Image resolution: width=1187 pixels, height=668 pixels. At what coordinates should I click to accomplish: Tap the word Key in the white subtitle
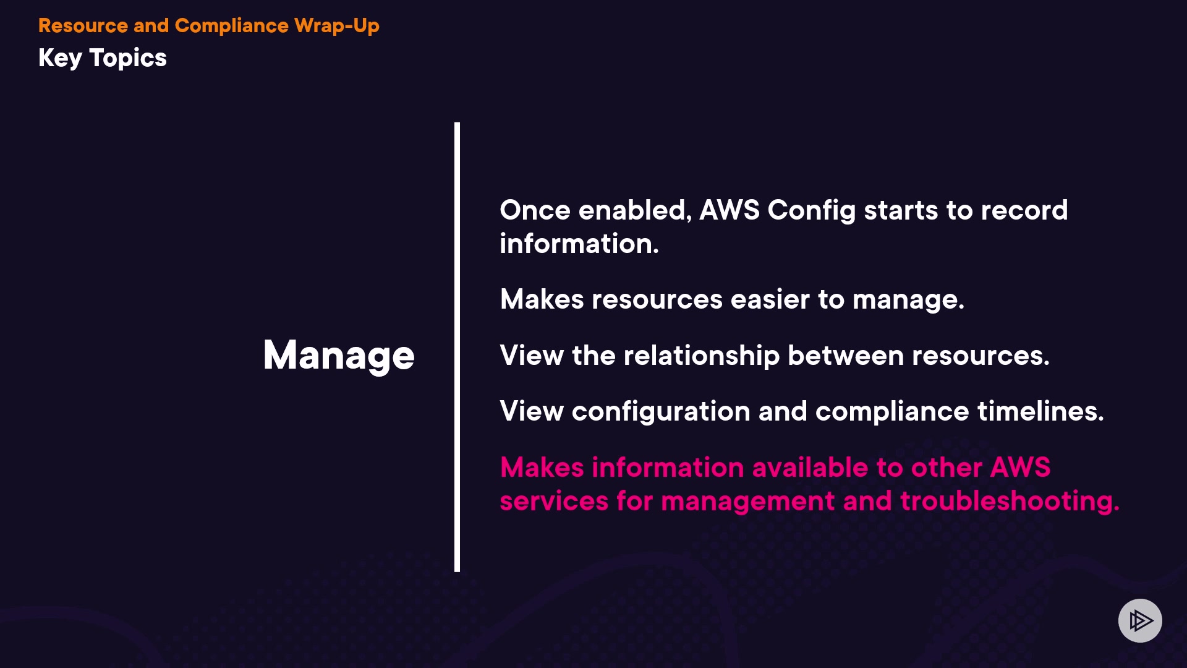pos(60,59)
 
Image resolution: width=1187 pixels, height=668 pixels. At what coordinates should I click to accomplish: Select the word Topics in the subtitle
pos(128,59)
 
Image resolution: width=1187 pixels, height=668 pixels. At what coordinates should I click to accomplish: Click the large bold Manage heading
pos(339,356)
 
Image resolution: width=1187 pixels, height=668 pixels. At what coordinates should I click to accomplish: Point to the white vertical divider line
pos(457,347)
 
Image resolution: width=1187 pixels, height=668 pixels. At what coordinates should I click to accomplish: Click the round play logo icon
pos(1140,620)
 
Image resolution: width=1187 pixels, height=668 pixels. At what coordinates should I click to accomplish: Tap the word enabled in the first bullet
pos(635,210)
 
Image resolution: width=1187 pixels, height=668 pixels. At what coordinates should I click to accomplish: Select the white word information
pos(579,244)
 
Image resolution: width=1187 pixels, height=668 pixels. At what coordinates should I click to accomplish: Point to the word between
pos(846,356)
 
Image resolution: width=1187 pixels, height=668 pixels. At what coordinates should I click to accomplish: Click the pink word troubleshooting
pos(1010,502)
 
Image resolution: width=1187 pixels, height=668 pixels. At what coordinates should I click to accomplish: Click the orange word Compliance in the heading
pos(232,26)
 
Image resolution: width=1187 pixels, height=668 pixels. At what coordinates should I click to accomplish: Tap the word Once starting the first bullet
pos(535,210)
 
